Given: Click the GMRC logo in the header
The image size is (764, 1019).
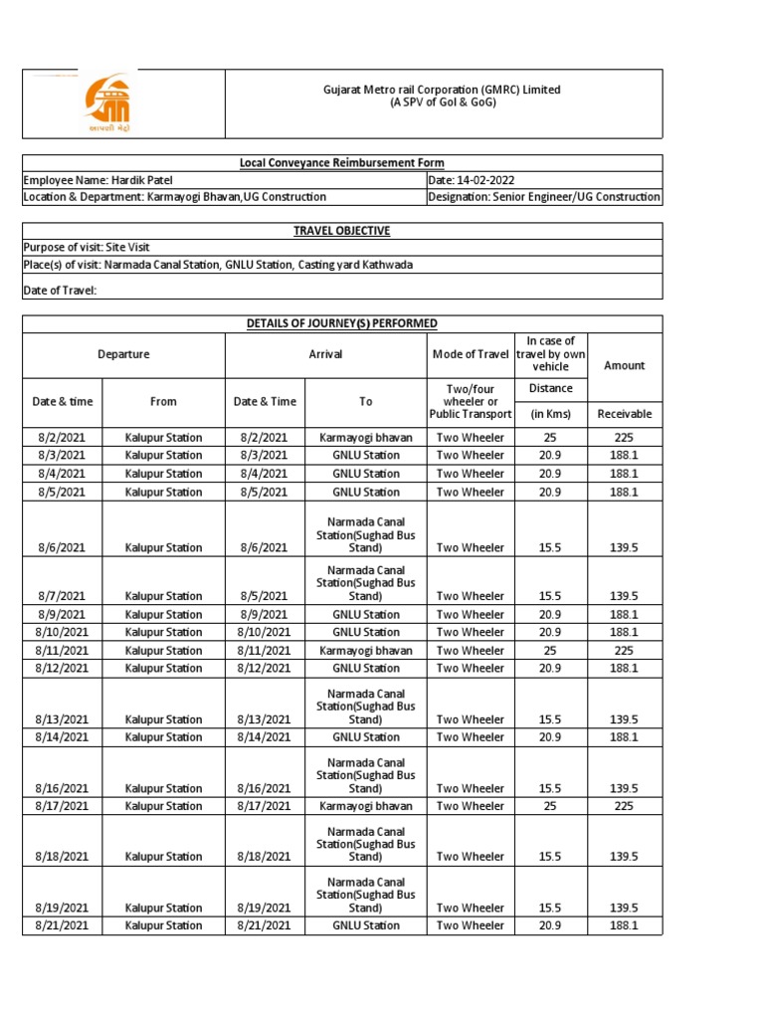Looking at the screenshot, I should (x=106, y=102).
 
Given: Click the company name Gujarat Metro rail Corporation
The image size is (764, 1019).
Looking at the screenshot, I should (x=442, y=90).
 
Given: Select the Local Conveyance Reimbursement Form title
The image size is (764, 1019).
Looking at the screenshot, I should (x=341, y=163).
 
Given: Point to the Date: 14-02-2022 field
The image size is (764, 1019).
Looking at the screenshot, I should (x=471, y=180).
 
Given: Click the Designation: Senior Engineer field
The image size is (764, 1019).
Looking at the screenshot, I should (x=543, y=197).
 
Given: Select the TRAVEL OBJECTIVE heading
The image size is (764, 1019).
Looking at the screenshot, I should (x=341, y=231).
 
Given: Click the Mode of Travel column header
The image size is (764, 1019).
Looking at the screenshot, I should (x=470, y=355).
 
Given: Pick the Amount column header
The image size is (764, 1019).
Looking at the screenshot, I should (x=624, y=365).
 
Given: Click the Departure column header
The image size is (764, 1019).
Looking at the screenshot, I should (x=123, y=354).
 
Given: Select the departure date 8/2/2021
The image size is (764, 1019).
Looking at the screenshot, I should (x=62, y=438).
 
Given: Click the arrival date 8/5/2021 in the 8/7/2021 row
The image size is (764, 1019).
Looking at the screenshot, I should (x=264, y=596).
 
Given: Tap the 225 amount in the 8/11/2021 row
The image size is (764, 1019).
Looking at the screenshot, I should (x=624, y=651).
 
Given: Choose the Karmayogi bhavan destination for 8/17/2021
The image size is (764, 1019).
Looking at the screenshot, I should (x=365, y=806).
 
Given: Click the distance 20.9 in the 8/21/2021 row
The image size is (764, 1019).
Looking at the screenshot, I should (x=550, y=925).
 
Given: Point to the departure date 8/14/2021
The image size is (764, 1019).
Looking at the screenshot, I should (x=62, y=737).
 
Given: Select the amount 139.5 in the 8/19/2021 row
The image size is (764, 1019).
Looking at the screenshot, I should (x=624, y=908).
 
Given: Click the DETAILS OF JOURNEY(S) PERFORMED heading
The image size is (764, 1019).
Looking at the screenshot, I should (x=341, y=323).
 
